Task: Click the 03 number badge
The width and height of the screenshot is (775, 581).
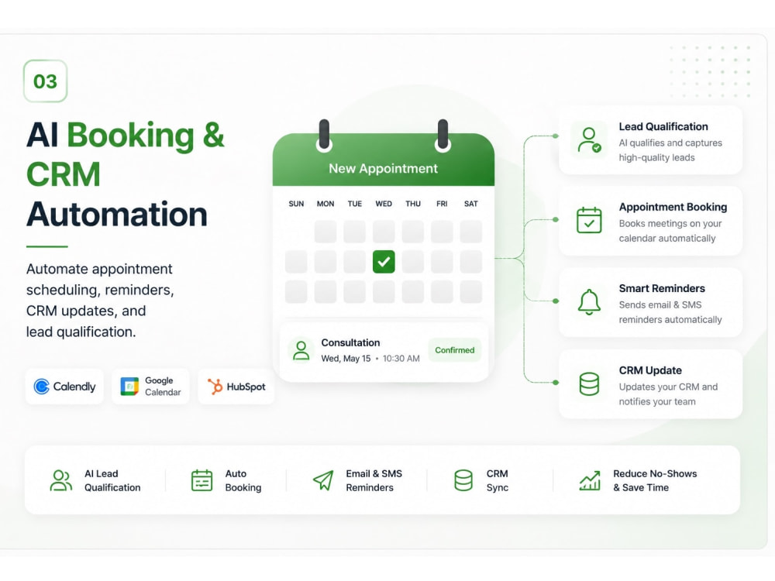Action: point(45,81)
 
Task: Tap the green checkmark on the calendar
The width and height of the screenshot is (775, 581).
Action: point(384,262)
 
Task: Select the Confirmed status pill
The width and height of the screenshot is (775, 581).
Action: point(455,350)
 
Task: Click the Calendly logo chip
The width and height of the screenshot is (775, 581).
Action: point(64,387)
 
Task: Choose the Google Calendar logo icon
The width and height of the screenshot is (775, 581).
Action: point(129,387)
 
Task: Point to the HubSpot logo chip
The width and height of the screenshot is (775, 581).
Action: point(236,387)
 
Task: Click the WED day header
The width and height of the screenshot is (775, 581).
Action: point(384,204)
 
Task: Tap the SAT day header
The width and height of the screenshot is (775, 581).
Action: point(471,204)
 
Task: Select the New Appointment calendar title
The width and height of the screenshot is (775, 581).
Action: point(384,168)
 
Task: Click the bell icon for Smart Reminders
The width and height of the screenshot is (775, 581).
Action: point(589,302)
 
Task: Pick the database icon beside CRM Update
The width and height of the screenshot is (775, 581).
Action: point(589,384)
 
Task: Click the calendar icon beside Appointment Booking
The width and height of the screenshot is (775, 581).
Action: point(589,220)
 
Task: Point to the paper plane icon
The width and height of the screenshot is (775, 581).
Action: point(324,480)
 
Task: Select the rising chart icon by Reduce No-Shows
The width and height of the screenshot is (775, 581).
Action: point(590,480)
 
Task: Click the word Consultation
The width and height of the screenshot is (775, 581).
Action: point(350,342)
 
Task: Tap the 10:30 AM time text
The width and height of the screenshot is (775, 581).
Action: point(401,358)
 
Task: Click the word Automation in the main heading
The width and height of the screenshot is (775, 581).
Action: point(117,215)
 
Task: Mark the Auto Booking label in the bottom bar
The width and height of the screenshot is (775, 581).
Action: point(243,480)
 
